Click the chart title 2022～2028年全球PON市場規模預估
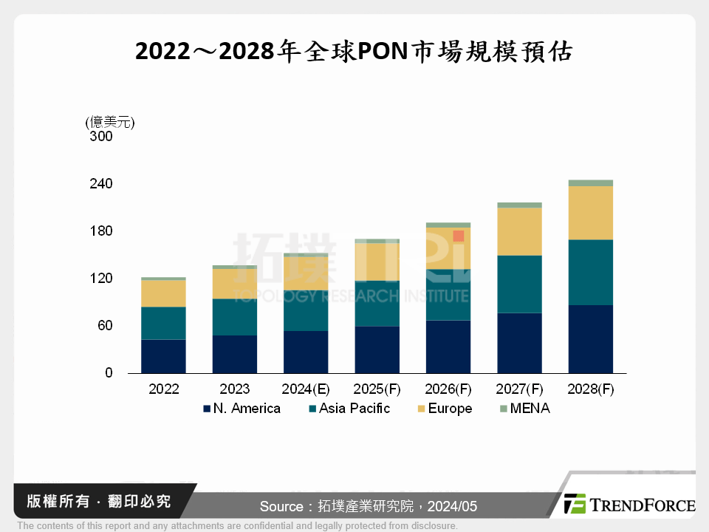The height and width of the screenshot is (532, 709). (354, 52)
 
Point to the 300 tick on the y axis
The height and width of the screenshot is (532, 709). (100, 137)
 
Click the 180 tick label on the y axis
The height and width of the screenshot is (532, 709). (100, 231)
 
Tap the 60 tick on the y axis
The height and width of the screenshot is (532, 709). (104, 326)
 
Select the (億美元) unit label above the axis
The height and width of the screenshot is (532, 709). (110, 122)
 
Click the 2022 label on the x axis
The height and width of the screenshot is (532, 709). (163, 389)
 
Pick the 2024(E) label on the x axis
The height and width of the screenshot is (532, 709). (306, 389)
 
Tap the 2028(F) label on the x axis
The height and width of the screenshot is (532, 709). (590, 389)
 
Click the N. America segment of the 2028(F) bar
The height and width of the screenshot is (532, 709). (590, 339)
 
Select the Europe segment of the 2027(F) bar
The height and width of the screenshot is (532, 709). (519, 231)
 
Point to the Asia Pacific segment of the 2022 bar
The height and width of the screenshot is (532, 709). (163, 323)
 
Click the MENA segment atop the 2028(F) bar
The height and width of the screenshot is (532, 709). (590, 183)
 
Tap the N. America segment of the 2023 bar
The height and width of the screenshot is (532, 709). (234, 354)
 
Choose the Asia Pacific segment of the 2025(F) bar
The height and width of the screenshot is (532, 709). (377, 303)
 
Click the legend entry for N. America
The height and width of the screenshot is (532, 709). (242, 409)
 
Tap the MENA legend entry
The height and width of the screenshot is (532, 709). (524, 409)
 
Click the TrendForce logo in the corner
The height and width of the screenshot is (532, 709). (629, 505)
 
